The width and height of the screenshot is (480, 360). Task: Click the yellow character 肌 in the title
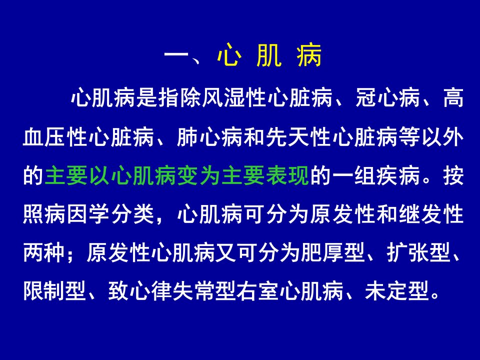coord(269,55)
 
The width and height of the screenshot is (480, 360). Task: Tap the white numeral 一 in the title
coord(176,55)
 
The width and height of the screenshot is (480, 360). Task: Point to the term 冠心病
coord(387,98)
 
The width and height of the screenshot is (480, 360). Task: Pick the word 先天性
coord(298,137)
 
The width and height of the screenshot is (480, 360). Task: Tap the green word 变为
coord(199,175)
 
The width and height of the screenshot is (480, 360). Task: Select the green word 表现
coord(288,175)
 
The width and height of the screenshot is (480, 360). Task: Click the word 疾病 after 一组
coord(398,175)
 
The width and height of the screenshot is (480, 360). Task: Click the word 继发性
coord(431,214)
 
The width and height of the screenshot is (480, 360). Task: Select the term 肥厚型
coord(333,253)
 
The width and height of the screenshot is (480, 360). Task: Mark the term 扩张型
coord(419,253)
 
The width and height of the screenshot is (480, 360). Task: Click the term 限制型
coord(55,291)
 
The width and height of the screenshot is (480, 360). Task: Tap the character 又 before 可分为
coord(225,253)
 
